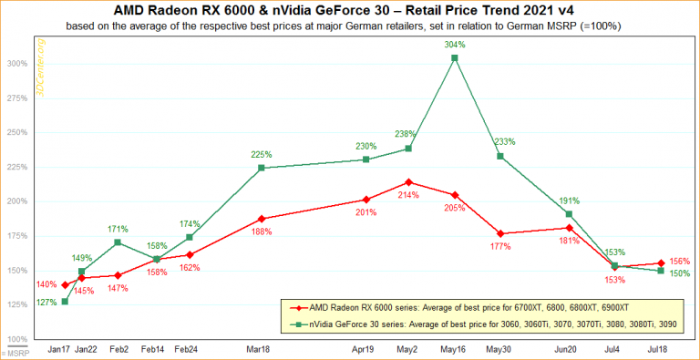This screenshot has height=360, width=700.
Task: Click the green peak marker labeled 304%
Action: pyautogui.click(x=455, y=58)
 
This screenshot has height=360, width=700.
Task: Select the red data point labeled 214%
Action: pyautogui.click(x=408, y=181)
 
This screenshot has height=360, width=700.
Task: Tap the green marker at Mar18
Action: pyautogui.click(x=262, y=168)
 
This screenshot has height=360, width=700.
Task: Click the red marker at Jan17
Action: pyautogui.click(x=65, y=285)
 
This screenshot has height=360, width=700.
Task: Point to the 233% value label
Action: pyautogui.click(x=505, y=141)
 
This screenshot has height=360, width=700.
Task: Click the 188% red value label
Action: pyautogui.click(x=262, y=231)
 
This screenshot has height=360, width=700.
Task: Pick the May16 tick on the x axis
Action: pyautogui.click(x=455, y=349)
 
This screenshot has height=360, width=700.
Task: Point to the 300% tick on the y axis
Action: pyautogui.click(x=17, y=64)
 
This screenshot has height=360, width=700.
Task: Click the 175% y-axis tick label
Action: pyautogui.click(x=17, y=236)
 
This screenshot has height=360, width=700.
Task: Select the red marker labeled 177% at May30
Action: pyautogui.click(x=500, y=233)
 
